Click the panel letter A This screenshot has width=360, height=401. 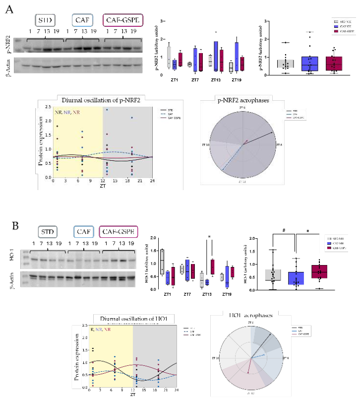(x=9, y=9)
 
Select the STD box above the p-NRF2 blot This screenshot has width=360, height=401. (x=45, y=20)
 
